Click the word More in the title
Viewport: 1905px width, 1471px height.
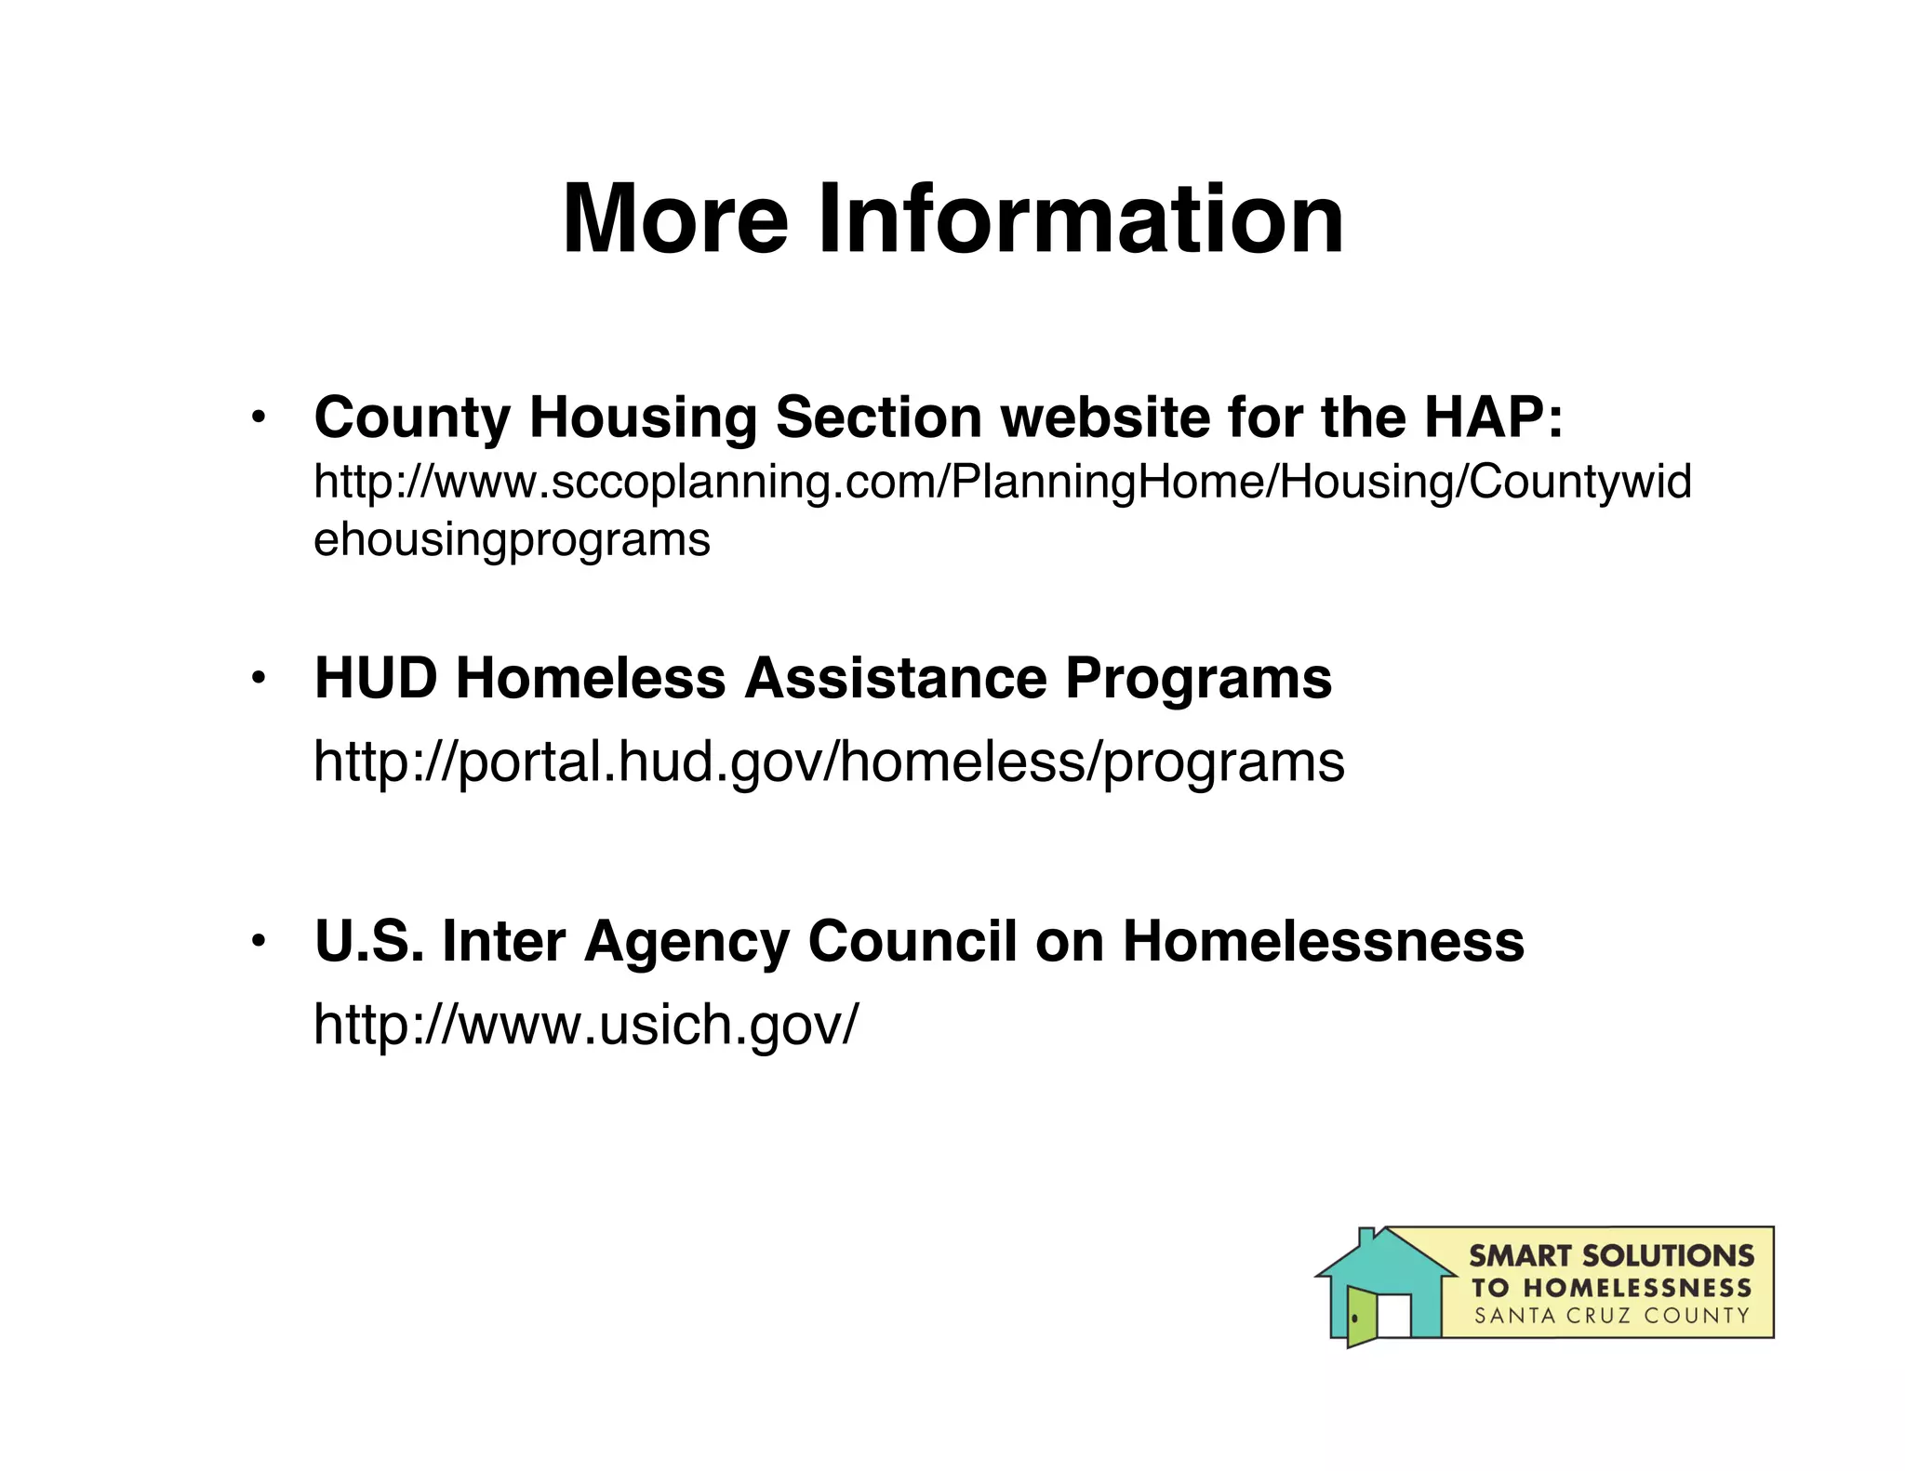[x=675, y=219]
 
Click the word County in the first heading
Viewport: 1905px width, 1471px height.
[x=412, y=417]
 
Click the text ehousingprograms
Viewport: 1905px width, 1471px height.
[x=512, y=540]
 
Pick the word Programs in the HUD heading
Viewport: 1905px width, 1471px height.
[x=1198, y=679]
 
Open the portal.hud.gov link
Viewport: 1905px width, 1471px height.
[x=828, y=762]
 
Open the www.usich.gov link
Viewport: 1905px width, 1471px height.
[x=586, y=1025]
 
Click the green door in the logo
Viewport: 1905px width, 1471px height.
[x=1361, y=1316]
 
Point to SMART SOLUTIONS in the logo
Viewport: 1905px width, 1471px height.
[x=1611, y=1256]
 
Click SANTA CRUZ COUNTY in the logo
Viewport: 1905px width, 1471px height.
[x=1611, y=1316]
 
